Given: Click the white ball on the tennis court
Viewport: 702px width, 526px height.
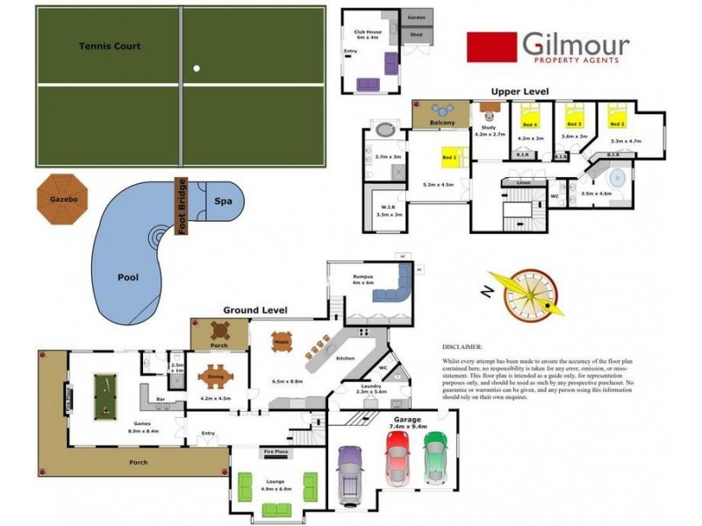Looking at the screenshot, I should tap(197, 68).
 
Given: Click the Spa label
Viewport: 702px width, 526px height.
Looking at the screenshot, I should tap(224, 202).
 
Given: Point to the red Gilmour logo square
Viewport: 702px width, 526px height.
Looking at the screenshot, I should tap(491, 48).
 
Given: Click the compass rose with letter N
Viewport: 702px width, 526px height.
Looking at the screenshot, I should tap(525, 292).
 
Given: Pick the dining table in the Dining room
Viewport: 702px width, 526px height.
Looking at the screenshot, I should tap(215, 379).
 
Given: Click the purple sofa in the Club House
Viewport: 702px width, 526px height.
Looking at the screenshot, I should tap(369, 84).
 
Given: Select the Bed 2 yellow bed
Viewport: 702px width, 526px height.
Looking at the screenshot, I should tap(617, 115).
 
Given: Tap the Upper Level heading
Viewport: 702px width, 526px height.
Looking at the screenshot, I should tap(519, 91).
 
